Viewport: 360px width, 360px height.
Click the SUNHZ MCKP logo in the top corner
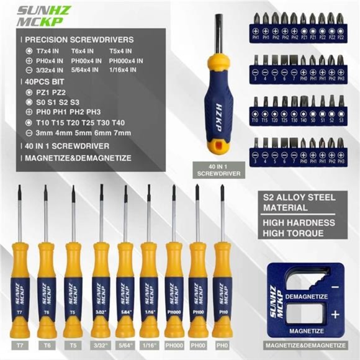click(x=38, y=17)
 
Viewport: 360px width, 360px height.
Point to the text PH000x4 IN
click(x=126, y=61)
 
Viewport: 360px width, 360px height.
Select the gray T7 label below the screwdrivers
click(x=21, y=344)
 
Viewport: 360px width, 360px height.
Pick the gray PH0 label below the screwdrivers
click(x=222, y=344)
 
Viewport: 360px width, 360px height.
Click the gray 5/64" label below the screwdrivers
click(x=125, y=344)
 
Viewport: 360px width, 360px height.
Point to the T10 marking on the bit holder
click(x=256, y=118)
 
